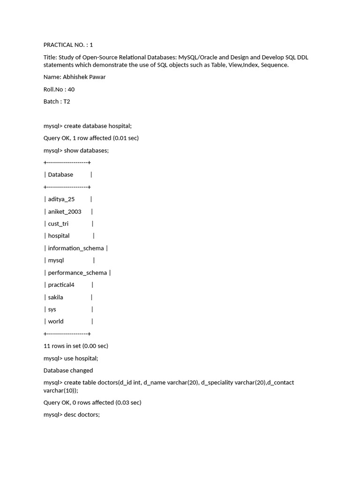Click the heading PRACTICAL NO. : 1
pos(68,45)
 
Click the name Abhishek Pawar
pos(84,77)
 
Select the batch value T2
pos(67,101)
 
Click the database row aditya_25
pos(61,199)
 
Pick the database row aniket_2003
pos(64,211)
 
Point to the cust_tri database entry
pos(58,224)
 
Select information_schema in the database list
pos(75,248)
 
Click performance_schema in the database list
pos(77,272)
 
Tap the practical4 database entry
pos(61,285)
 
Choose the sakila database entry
pos(55,297)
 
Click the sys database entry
pos(52,309)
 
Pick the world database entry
pos(55,322)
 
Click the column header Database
pos(60,174)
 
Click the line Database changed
pos(68,370)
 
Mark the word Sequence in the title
pos(274,65)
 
